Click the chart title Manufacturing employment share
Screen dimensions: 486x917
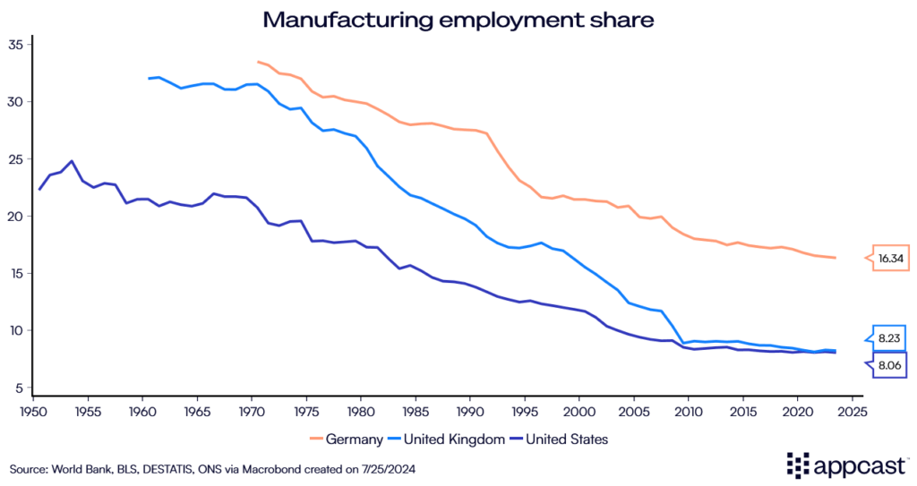point(458,18)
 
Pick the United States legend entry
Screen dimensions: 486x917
point(567,439)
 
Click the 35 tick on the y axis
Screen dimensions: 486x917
point(16,45)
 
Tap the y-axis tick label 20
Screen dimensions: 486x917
point(16,217)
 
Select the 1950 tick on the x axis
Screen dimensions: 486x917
point(32,412)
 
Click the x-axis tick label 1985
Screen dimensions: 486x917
point(415,412)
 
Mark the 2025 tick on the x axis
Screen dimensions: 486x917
point(852,412)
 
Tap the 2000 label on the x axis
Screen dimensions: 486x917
point(578,412)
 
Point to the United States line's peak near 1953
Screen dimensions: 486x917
point(72,161)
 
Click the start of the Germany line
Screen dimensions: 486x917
point(258,62)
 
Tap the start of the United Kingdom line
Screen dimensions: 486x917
point(149,79)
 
